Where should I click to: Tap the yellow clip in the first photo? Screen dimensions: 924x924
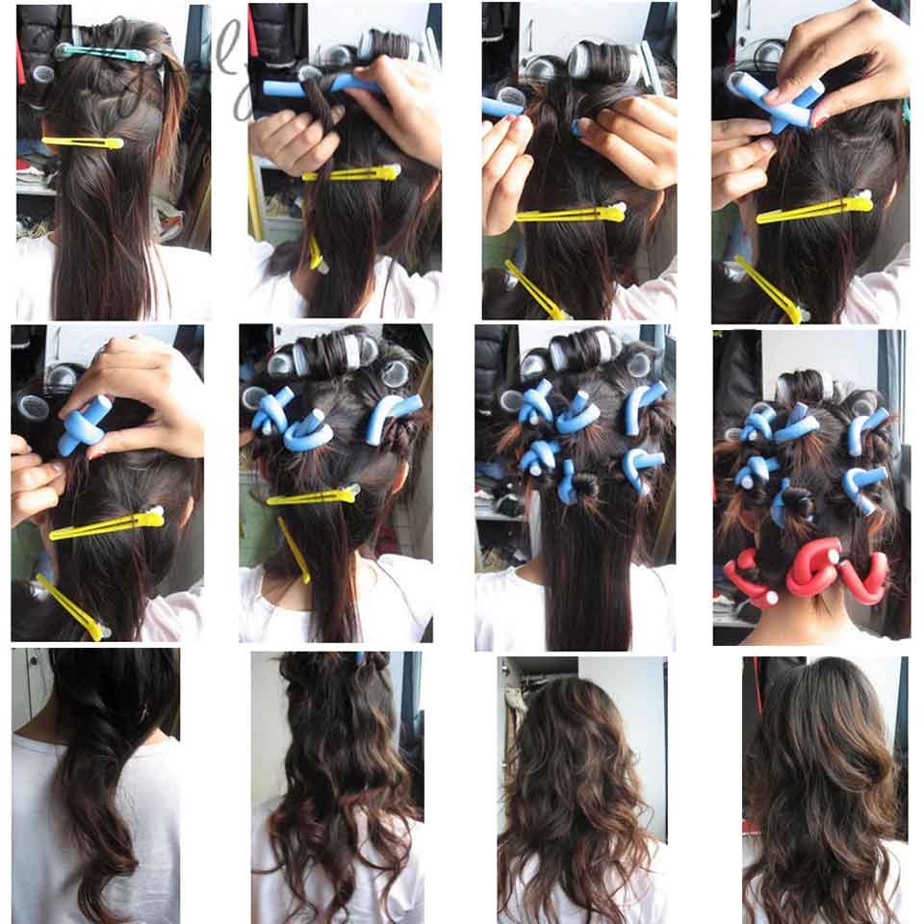[x=83, y=142]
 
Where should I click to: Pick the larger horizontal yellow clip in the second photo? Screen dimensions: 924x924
[x=351, y=174]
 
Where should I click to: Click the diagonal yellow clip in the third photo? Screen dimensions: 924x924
[x=535, y=290]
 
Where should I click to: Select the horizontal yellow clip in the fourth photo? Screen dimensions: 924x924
[x=814, y=209]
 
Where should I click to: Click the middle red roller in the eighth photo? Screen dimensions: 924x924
[x=813, y=567]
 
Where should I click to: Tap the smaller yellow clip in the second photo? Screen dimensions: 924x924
[x=316, y=254]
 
